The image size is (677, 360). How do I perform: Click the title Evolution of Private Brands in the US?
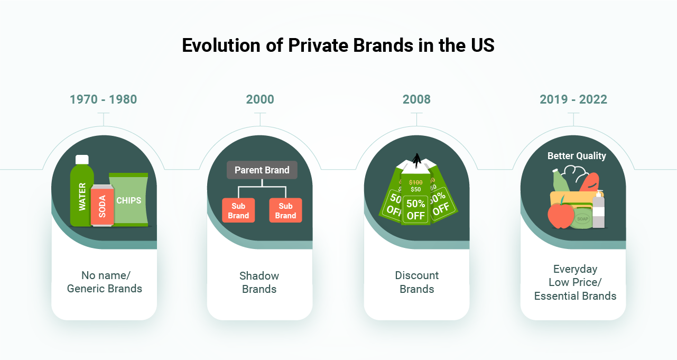pos(338,45)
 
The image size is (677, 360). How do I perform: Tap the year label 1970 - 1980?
pos(104,99)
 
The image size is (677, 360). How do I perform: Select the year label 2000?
pos(260,99)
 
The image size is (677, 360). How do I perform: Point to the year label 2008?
pos(416,99)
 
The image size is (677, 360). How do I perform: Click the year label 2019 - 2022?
pos(573,99)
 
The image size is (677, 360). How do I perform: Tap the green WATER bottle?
pos(82,196)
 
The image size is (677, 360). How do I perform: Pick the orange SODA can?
pos(102,206)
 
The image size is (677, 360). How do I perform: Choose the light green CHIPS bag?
pos(128,200)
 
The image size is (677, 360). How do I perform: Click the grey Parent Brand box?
pos(262,170)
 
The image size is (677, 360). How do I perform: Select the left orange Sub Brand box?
pos(238,210)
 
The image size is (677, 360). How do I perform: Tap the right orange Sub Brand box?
pos(285,210)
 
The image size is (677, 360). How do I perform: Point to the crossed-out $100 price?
pos(415,182)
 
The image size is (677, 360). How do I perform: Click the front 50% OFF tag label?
pos(415,209)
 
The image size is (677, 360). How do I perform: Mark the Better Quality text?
pos(577,156)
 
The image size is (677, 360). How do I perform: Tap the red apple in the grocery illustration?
pos(560,216)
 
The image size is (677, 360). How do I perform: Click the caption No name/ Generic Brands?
pos(104,282)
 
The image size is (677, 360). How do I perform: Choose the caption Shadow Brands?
pos(259,282)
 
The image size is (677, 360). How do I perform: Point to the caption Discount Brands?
pos(416,282)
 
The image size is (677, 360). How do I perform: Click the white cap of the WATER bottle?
pos(82,159)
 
